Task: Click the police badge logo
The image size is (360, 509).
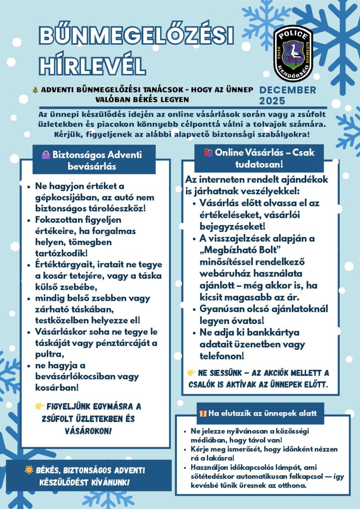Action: click(x=293, y=55)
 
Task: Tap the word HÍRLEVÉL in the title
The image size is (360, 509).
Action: click(x=92, y=65)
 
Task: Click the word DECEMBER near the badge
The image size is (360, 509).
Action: click(x=288, y=90)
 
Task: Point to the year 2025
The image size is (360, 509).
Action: click(x=272, y=101)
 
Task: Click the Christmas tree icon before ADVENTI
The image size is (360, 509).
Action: click(x=35, y=90)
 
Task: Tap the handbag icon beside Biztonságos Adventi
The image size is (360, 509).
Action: click(x=46, y=155)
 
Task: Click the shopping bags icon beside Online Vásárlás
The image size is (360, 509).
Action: click(x=208, y=153)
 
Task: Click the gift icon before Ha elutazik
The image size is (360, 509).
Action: click(x=202, y=414)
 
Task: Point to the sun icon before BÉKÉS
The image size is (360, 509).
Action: click(x=29, y=470)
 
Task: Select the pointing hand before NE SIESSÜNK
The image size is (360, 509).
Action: click(x=191, y=373)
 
